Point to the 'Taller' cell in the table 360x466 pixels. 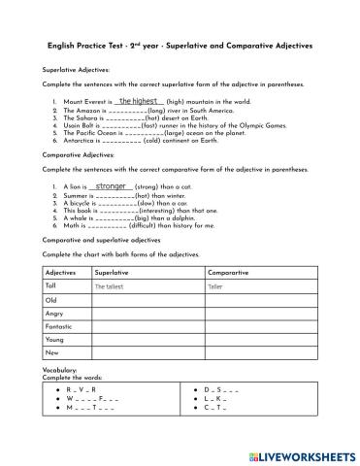coord(215,287)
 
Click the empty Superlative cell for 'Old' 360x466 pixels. coord(146,300)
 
